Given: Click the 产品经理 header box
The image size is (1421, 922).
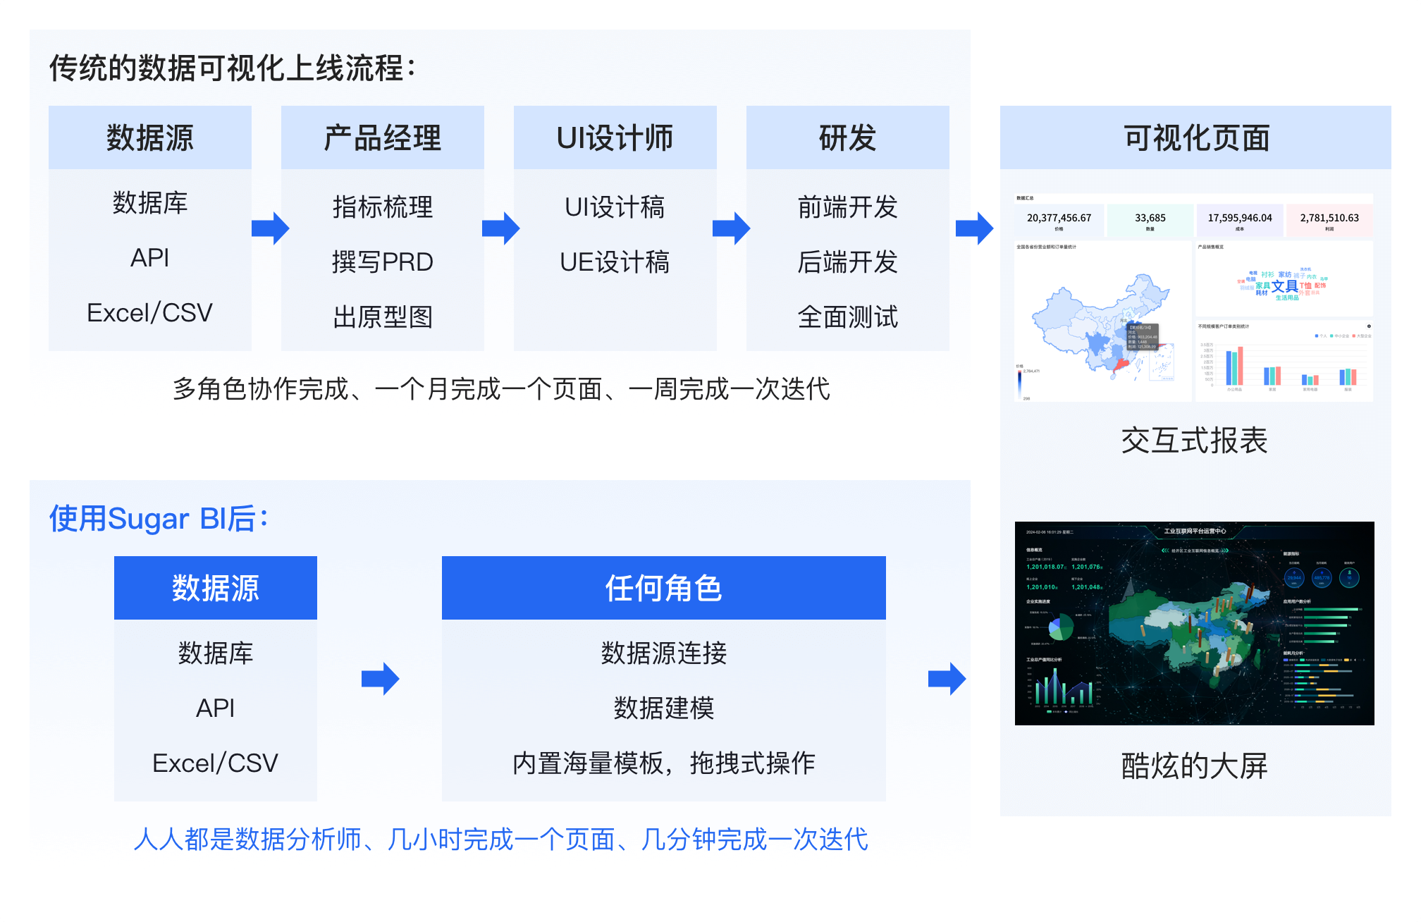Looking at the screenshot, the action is pos(382,137).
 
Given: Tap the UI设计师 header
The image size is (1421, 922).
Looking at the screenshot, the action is pos(615,137).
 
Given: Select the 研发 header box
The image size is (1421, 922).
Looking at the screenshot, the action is pos(847,137).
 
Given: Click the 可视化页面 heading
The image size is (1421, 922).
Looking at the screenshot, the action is pos(1195,137).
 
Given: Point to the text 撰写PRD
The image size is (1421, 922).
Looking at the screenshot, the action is pos(382,262).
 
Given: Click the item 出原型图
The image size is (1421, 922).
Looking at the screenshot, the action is pos(382,317).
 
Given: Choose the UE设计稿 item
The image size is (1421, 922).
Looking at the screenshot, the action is pos(615,262).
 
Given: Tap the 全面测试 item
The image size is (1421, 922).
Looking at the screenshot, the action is pos(847,317).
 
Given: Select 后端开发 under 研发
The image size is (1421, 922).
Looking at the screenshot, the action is pos(847,262).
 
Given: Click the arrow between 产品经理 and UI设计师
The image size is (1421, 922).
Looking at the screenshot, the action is pos(501,228).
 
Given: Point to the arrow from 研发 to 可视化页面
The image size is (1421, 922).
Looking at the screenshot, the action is pos(975,228).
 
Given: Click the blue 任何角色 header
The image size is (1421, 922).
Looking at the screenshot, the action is pos(663,588).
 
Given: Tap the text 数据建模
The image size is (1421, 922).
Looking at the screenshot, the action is pos(663,708).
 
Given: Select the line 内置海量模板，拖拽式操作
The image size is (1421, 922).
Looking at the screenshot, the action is pos(663,763).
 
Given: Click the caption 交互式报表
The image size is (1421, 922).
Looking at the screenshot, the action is pos(1194,441).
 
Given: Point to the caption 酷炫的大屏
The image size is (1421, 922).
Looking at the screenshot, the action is pos(1194,766).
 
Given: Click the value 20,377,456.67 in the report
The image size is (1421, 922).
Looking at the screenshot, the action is pos(1059,218).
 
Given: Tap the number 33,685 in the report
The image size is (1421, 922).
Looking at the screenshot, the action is pos(1150,218).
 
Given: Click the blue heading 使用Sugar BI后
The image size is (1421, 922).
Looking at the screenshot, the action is pos(158,519).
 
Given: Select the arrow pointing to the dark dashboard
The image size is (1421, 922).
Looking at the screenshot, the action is pos(947,679).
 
